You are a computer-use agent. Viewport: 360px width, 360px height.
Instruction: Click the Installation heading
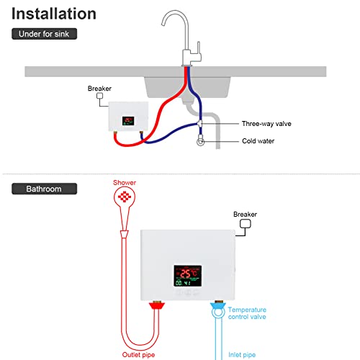click(x=54, y=13)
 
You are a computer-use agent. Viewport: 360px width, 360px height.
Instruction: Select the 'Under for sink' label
click(x=44, y=34)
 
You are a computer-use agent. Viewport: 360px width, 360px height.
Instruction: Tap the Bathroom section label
click(x=44, y=189)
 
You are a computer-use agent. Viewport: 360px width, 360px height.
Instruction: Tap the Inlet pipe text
click(x=243, y=355)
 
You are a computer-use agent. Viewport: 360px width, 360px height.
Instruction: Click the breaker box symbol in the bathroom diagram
click(x=245, y=225)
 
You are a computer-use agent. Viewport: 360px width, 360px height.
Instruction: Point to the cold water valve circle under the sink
click(x=201, y=142)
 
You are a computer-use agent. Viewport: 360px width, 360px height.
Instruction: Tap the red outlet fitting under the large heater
click(x=153, y=309)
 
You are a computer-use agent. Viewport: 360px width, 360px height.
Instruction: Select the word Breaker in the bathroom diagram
click(x=245, y=214)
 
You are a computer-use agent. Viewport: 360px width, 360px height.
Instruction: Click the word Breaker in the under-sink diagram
click(x=99, y=89)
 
